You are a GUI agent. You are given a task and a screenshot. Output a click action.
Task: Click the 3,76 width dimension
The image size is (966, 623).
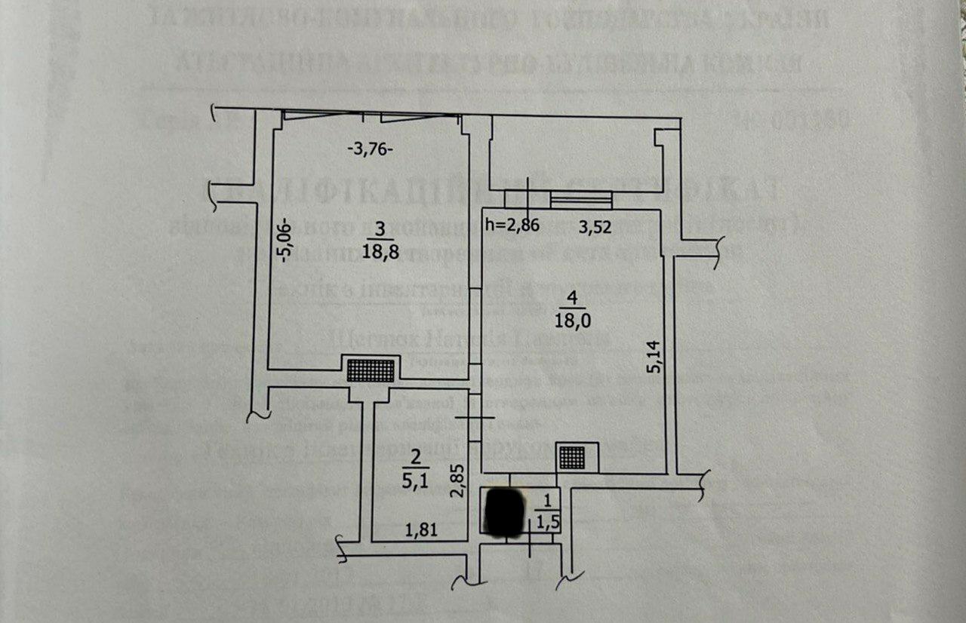pos(370,149)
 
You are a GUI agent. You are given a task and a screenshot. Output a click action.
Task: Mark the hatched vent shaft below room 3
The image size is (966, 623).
pos(371,370)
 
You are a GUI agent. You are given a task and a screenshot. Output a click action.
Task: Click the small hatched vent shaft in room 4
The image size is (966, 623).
pos(573,456)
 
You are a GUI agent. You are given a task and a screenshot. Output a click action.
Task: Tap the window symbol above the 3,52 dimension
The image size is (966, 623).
pos(581,200)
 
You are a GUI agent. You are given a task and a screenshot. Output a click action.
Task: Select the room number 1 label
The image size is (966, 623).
pos(548,499)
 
